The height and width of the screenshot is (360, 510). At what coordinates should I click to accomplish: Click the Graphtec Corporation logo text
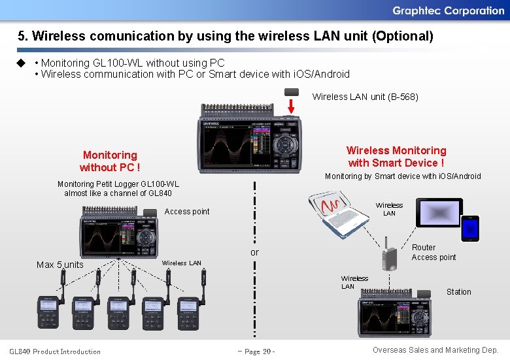pos(448,10)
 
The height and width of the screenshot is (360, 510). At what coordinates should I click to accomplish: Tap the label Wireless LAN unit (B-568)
pos(365,97)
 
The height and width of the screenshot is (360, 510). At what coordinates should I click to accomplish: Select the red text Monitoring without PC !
pos(110,161)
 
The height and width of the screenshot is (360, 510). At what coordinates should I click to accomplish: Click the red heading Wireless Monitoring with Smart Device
pos(396,157)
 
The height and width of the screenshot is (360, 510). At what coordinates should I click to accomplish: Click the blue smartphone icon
pos(470,229)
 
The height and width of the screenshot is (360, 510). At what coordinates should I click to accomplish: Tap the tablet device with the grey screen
pos(440,212)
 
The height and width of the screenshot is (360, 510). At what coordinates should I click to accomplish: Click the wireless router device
pos(390,257)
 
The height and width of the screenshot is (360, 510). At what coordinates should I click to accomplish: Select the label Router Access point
pos(433,252)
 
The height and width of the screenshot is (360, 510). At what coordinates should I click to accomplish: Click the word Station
pos(458,292)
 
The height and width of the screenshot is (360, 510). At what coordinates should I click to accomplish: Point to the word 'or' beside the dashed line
pos(254,252)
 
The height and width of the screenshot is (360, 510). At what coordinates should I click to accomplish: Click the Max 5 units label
pos(60,265)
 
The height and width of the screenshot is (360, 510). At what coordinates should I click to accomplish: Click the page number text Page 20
pos(256,352)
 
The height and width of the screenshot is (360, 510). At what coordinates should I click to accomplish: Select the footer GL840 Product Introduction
pos(55,352)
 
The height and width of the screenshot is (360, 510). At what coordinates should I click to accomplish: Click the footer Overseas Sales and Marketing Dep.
pos(435,350)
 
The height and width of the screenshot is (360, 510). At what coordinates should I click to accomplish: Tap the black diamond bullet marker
pos(20,63)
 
